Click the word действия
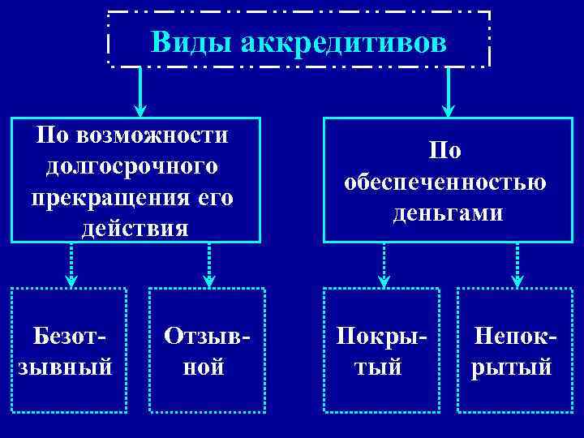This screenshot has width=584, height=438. tap(135, 228)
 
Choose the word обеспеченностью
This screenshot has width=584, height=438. tap(444, 182)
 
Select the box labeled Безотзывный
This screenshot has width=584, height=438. tap(68, 350)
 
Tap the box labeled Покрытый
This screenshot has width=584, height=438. tap(380, 350)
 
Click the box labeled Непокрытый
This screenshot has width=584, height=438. tap(513, 350)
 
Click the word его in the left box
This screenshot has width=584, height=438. tap(215, 197)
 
